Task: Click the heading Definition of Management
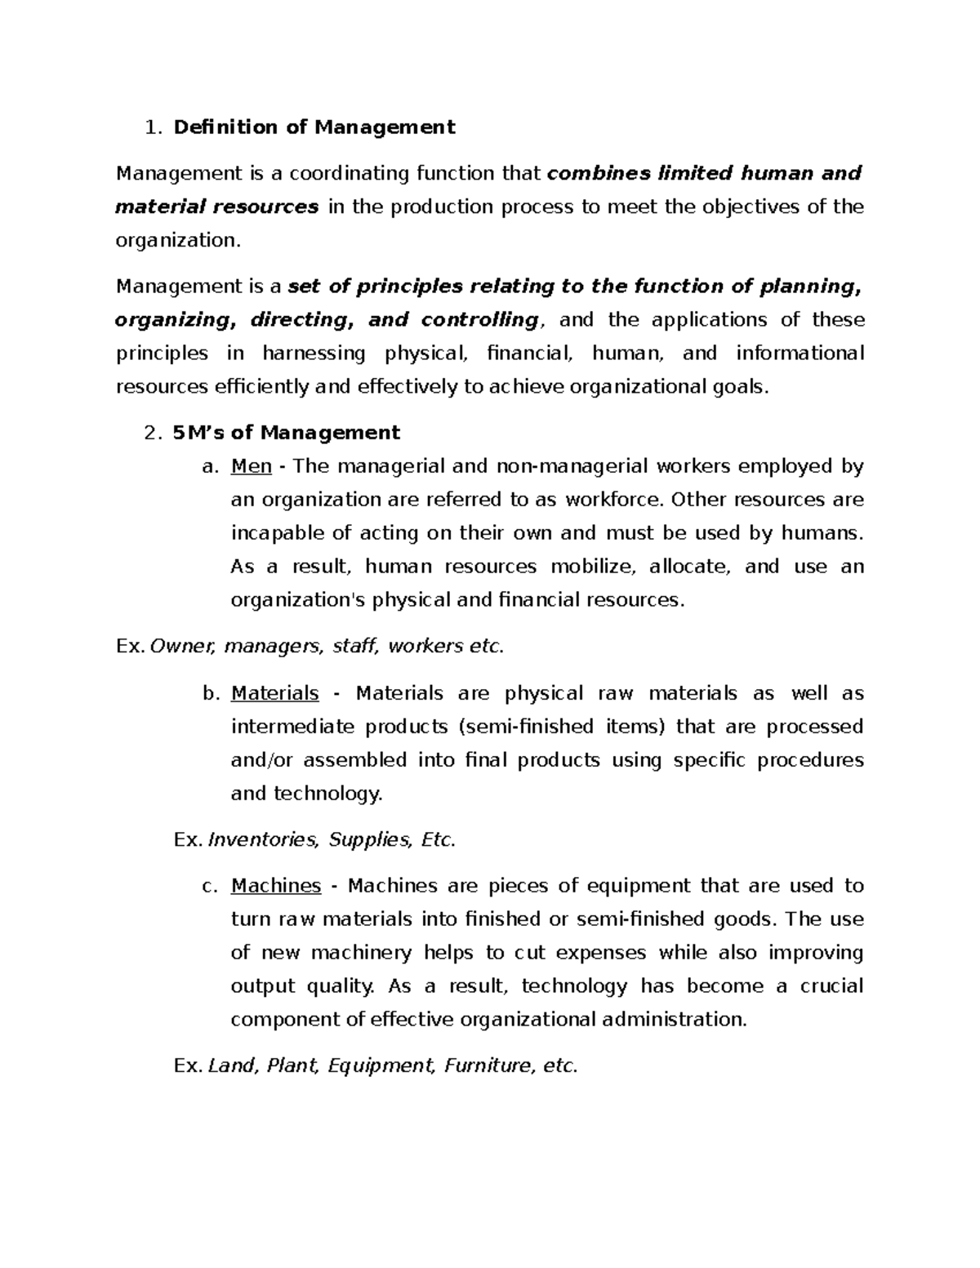(314, 127)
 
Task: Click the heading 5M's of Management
(287, 433)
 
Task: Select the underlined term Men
(252, 466)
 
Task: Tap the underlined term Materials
(275, 693)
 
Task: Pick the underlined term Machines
(276, 886)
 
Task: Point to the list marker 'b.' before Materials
(211, 694)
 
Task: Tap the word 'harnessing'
(314, 354)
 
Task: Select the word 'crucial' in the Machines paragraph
(831, 986)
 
